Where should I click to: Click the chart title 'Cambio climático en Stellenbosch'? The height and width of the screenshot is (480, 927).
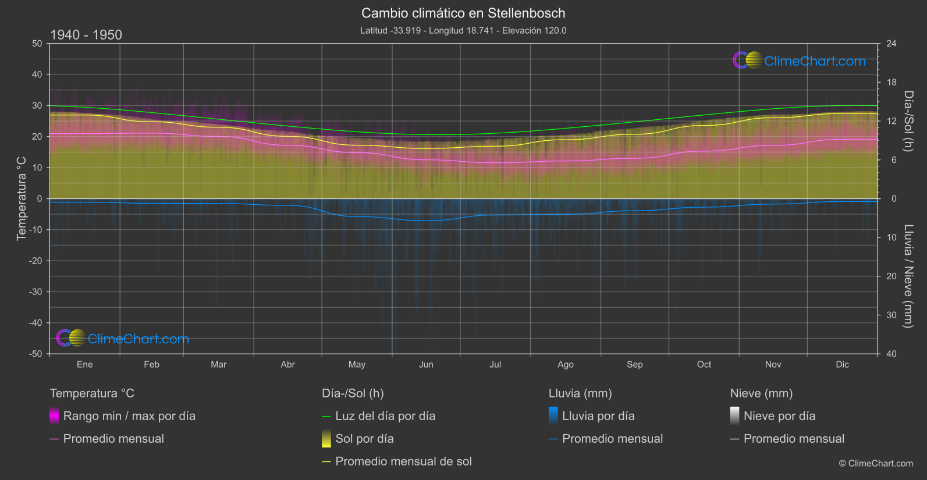click(x=463, y=13)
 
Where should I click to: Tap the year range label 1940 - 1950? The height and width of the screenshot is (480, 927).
click(x=86, y=35)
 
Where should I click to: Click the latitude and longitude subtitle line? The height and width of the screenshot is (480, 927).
click(x=463, y=30)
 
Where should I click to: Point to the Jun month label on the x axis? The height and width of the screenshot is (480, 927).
click(x=426, y=364)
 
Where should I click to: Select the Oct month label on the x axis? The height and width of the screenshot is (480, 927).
click(x=704, y=364)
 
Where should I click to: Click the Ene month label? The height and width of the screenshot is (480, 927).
click(x=85, y=364)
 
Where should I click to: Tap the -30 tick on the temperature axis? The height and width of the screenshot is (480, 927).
click(x=36, y=291)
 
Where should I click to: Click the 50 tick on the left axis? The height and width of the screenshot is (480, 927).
click(x=37, y=44)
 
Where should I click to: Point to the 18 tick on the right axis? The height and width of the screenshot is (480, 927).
click(x=892, y=83)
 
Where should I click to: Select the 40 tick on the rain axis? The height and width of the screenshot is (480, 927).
click(x=892, y=354)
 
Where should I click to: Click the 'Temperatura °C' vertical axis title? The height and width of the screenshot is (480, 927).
click(x=22, y=198)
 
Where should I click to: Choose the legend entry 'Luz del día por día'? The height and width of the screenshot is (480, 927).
click(x=385, y=416)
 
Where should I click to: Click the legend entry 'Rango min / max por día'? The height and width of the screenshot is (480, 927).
click(x=129, y=416)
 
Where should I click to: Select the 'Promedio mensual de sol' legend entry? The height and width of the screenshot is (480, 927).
click(x=403, y=461)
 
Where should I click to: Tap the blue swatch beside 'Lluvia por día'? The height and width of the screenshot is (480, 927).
click(x=553, y=415)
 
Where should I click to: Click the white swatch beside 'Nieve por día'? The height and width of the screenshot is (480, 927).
click(x=735, y=415)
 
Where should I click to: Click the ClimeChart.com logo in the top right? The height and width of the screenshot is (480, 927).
click(x=800, y=61)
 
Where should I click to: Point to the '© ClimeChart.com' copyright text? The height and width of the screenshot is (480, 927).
click(x=876, y=463)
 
